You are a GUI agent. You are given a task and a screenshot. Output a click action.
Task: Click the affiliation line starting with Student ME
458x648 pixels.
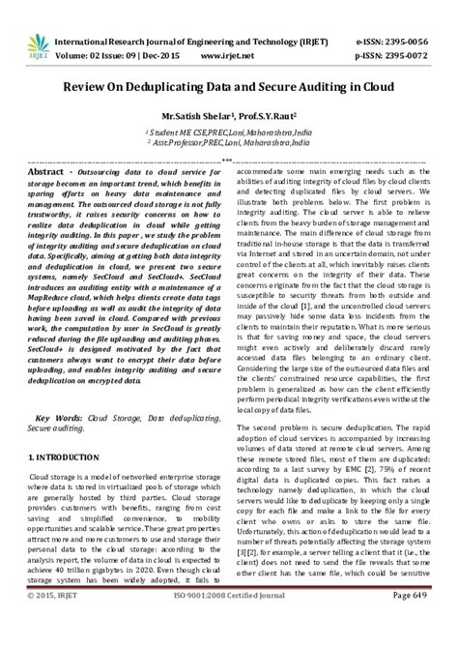(228, 129)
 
